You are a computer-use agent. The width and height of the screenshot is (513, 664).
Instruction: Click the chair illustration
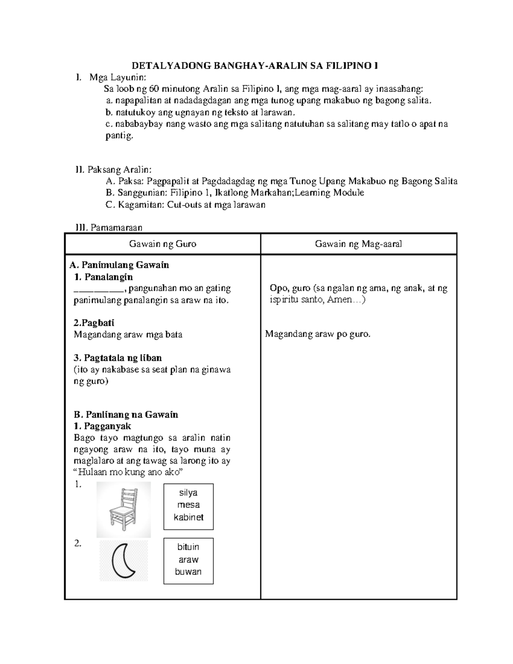point(123,509)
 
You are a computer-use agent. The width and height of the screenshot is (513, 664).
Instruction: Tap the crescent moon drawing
point(124,561)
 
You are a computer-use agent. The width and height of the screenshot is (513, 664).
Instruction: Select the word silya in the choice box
point(188,493)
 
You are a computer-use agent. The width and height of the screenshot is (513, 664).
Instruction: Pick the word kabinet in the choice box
point(188,517)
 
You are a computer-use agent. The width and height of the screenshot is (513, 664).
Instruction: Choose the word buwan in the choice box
point(188,572)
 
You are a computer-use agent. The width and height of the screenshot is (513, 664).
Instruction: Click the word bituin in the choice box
point(188,547)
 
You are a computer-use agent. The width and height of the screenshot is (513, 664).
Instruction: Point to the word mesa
point(188,505)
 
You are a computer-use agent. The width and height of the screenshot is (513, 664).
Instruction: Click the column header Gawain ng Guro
point(162,244)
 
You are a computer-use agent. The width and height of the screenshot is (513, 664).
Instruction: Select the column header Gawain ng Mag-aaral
point(358,244)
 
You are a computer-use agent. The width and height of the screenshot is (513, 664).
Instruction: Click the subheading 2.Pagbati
point(94,323)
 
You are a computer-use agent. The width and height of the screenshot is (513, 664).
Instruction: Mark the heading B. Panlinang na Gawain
point(126,414)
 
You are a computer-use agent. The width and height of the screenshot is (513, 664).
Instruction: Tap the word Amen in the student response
point(339,300)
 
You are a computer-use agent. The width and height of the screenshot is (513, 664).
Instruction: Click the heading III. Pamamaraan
point(109,227)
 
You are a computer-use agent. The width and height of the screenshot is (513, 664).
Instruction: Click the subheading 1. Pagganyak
point(102,426)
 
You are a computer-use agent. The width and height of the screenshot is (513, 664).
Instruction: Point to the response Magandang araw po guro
point(318,334)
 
